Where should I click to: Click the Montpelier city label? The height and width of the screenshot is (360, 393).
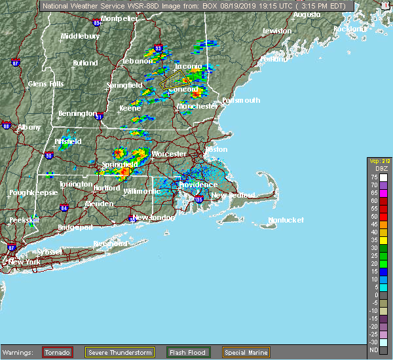pos(119,19)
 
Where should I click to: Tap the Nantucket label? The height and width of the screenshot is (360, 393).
pos(287,221)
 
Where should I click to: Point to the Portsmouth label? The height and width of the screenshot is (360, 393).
pos(241,101)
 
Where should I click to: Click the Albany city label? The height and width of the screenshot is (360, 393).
pos(28,127)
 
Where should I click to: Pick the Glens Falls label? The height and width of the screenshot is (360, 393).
pos(46,84)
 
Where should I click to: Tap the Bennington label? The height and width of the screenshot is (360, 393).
pos(77,114)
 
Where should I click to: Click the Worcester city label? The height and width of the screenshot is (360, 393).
pos(169,154)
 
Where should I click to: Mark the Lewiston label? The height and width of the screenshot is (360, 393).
pos(276,31)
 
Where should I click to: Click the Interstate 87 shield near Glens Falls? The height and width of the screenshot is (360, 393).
pos(16,63)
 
